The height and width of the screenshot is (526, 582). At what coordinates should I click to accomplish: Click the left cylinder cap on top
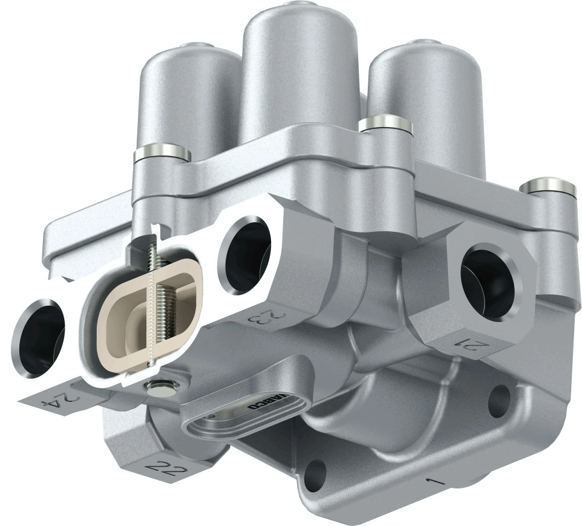pos(189,97)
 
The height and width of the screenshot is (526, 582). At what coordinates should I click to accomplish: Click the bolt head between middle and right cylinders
pos(385,125)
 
